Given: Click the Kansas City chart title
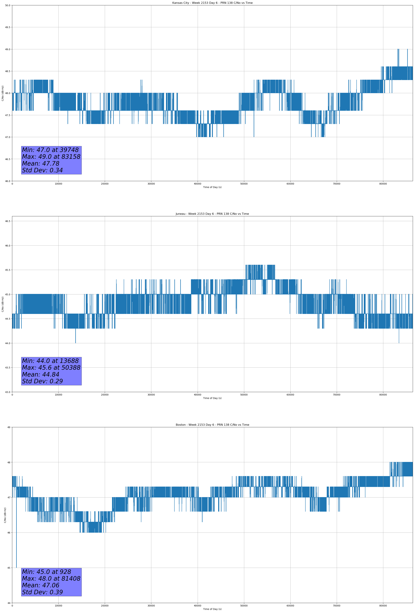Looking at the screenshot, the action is coord(212,3).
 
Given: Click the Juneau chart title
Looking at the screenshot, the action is coord(212,214).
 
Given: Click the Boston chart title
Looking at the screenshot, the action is coord(212,425).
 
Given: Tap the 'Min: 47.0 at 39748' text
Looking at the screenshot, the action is coord(50,150).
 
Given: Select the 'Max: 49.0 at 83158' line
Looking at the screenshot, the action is coord(51,157).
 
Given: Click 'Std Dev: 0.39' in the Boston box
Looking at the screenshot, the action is coord(42,592).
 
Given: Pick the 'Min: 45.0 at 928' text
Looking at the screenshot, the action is coord(46,572).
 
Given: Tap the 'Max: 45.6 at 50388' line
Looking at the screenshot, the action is coord(51,368).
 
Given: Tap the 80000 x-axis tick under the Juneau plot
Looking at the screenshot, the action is coord(383,395).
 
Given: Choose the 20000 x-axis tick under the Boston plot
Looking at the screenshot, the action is coord(105,606).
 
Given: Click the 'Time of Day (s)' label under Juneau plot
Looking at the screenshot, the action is coord(212,398).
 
